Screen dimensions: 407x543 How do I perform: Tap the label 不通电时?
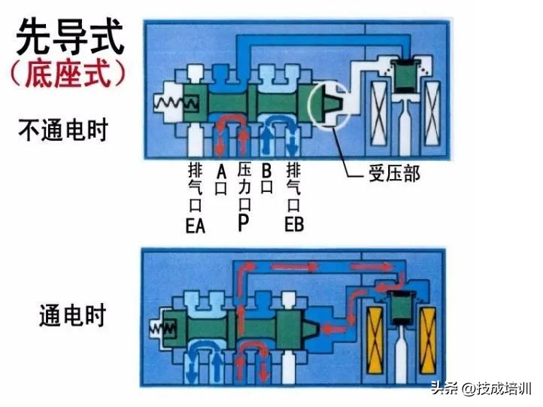(x=63, y=129)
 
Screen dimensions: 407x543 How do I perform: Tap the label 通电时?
(x=72, y=315)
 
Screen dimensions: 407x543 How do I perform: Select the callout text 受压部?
(x=393, y=175)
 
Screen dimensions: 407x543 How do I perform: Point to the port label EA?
(x=195, y=224)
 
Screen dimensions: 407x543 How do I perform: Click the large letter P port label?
(x=243, y=223)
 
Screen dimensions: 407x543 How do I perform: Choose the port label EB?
(x=294, y=224)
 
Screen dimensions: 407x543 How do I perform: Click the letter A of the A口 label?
(x=221, y=171)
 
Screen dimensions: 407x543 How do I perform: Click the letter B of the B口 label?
(x=265, y=171)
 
